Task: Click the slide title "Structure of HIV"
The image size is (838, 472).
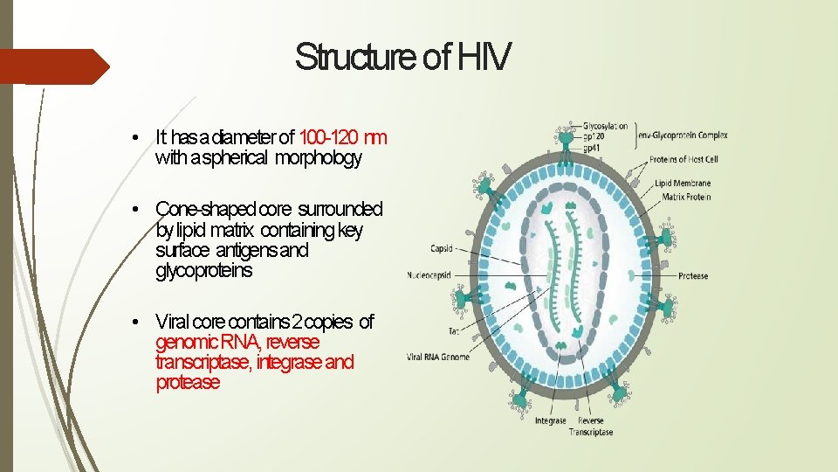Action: [x=402, y=57]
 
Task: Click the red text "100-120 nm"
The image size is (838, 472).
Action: [x=343, y=137]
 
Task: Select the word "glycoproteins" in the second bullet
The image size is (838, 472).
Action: [x=203, y=271]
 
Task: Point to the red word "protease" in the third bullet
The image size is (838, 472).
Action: [x=188, y=383]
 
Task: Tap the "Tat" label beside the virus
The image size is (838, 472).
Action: [x=454, y=331]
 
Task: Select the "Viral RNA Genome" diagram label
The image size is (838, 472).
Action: [x=437, y=357]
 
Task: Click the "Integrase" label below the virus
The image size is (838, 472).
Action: [x=551, y=421]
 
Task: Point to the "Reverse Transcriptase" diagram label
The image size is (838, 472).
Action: [x=591, y=427]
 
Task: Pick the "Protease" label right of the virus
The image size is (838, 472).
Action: [x=692, y=276]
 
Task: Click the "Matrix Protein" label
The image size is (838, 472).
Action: [x=686, y=197]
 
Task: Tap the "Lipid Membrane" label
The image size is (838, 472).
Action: [x=685, y=184]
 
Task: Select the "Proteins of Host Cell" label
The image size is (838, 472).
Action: [x=684, y=160]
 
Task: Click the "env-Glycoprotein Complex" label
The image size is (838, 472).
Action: [x=683, y=135]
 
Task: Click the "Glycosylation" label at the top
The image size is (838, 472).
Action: [x=605, y=127]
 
